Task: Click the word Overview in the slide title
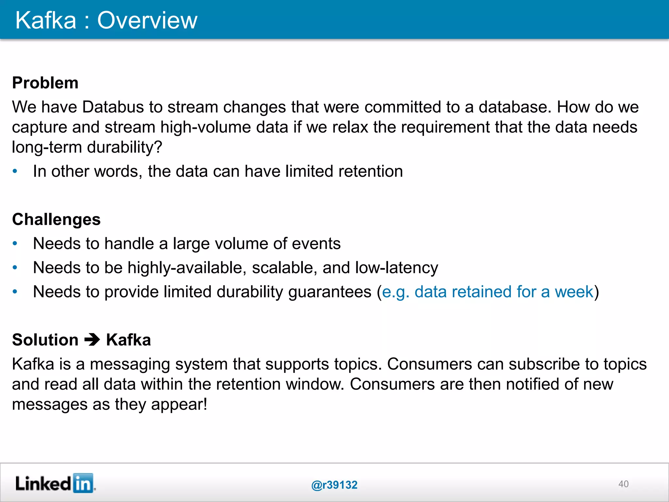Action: pos(147,20)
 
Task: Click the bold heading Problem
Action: pos(45,83)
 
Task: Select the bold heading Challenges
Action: pos(56,219)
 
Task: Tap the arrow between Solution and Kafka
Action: pos(92,340)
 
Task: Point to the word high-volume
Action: pos(205,127)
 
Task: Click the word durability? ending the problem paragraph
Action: pos(124,147)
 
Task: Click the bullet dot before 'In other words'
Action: pos(15,171)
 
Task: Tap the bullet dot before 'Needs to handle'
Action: pos(15,243)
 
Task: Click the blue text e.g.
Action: pos(395,292)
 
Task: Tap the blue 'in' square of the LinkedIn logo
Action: pos(83,483)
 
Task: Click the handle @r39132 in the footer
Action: pos(334,485)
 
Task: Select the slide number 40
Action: pos(623,484)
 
